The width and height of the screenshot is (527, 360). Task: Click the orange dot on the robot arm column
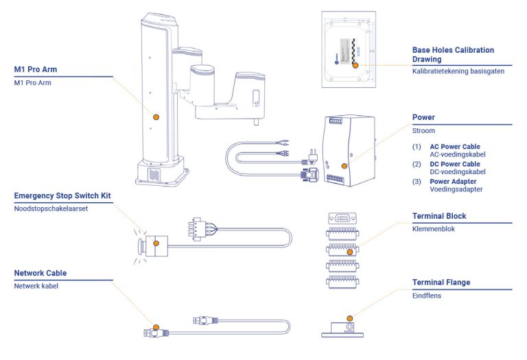point(156,118)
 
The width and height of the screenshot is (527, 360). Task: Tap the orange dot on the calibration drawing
point(355,65)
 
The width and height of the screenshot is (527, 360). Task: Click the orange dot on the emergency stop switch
point(156,241)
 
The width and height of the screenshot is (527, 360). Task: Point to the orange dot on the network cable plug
point(156,327)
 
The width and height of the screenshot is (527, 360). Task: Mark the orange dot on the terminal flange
point(350,318)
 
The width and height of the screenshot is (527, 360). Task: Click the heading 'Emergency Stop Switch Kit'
point(62,196)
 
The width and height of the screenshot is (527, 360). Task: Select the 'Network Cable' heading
point(40,273)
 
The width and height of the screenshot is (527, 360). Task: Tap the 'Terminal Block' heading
point(439,216)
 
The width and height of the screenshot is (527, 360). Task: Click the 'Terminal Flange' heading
point(441,282)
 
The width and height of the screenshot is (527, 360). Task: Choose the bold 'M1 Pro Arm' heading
point(36,70)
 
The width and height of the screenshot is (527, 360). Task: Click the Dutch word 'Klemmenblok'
point(434,229)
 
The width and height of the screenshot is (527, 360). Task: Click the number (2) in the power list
point(417,164)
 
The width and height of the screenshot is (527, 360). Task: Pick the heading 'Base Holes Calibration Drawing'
point(453,54)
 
